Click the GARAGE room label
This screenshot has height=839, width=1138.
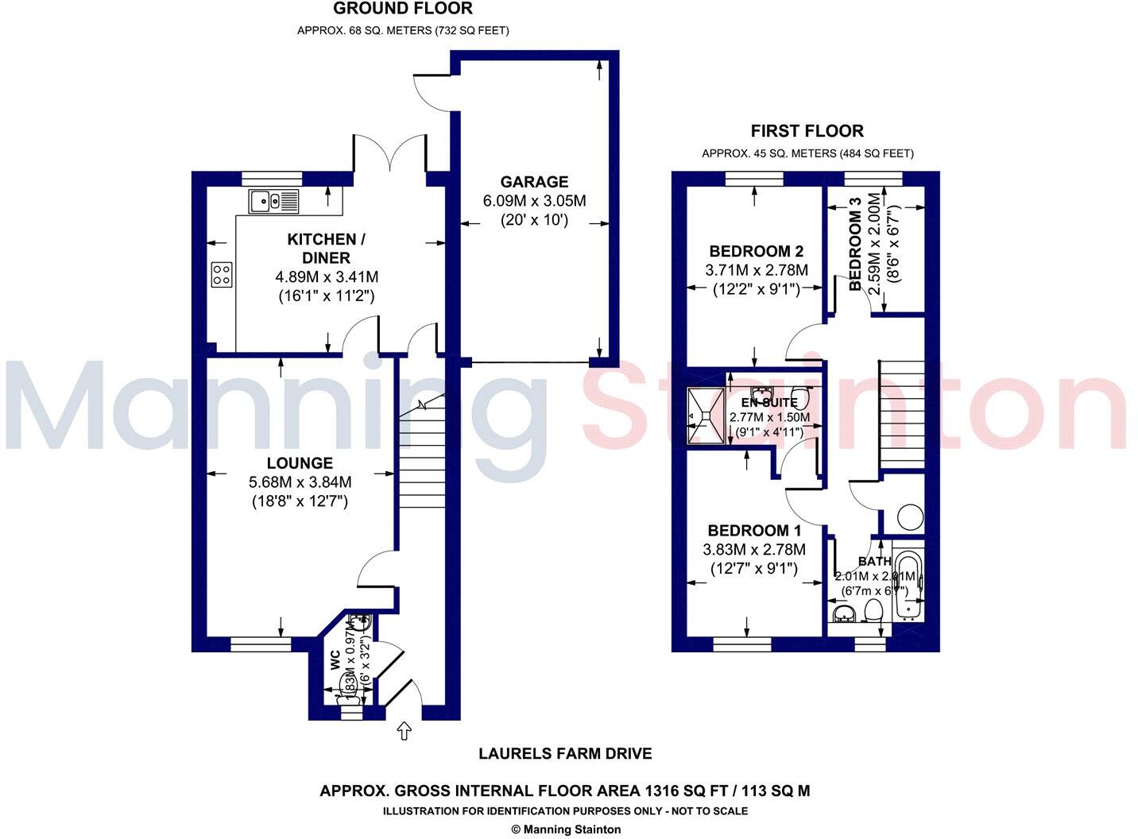coord(533,182)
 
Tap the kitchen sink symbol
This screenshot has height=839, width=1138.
coord(273,202)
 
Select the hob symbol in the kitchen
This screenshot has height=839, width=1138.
coord(222,275)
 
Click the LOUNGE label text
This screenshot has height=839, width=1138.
coord(300,463)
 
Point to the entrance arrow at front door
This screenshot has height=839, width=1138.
coord(404,730)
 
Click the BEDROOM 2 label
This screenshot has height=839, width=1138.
coord(751,251)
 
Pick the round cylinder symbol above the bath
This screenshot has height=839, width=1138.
coord(910,519)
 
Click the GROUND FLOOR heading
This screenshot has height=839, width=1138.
coord(402,10)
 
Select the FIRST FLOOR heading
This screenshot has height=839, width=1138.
coord(807,131)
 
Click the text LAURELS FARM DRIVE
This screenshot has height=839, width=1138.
coord(565,753)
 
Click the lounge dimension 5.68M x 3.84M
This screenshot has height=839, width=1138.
coord(300,482)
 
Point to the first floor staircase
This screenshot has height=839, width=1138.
coord(901,415)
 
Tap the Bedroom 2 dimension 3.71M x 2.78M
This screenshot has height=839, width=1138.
coord(756,271)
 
